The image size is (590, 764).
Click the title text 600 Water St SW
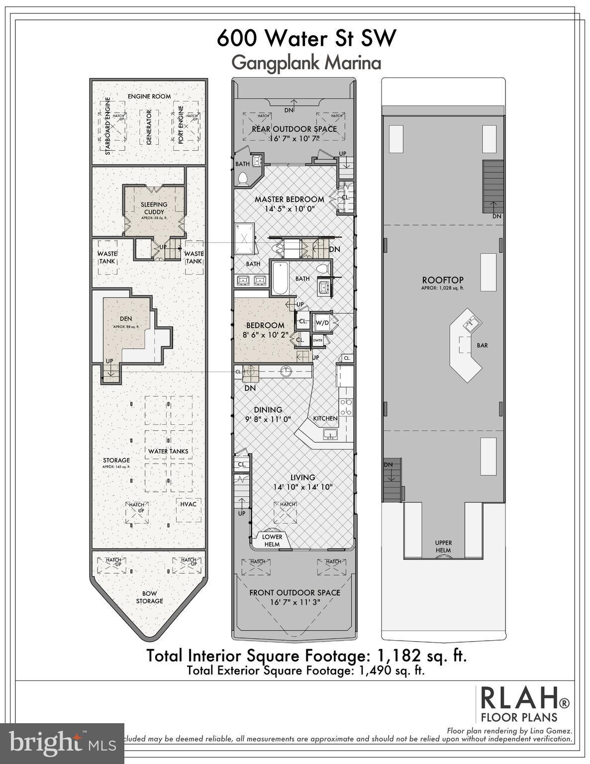click(306, 38)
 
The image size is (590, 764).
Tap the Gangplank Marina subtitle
click(306, 63)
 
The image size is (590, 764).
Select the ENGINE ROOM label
click(149, 96)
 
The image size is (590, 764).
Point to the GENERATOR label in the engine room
click(149, 127)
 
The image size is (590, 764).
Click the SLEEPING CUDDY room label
click(154, 208)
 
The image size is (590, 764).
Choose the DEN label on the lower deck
click(125, 319)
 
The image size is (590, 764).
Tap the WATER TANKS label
click(168, 451)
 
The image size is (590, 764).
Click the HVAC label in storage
click(189, 504)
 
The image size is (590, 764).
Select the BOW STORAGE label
click(149, 597)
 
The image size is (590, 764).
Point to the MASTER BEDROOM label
click(289, 199)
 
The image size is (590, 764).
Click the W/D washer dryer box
click(322, 323)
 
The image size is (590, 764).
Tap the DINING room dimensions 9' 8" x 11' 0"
click(268, 419)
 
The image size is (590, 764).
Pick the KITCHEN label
click(325, 418)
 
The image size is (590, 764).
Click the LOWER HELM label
click(272, 540)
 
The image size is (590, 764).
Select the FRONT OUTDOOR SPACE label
click(295, 592)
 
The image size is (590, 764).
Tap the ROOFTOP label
click(442, 280)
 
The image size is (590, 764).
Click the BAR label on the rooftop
click(482, 345)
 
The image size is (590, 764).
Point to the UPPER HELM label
click(443, 546)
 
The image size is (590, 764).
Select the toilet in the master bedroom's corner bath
click(243, 179)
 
